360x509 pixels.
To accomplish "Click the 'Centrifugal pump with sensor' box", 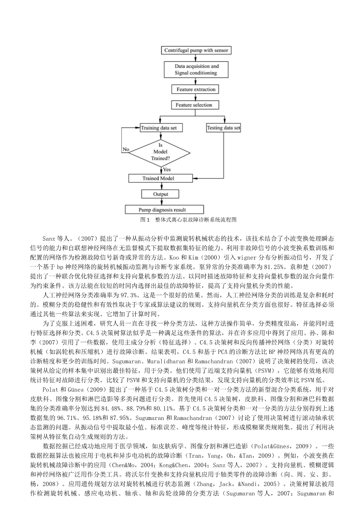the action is (196, 50).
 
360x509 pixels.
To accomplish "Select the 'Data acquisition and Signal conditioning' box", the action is (196, 70).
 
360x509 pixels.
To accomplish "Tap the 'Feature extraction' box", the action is (195, 89).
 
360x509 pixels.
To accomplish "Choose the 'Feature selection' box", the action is (195, 105).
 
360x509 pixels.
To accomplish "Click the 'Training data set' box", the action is (161, 128).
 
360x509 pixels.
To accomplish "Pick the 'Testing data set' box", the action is (223, 128).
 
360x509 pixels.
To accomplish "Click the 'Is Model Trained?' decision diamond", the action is (160, 153).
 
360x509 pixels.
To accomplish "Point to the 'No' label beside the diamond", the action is (126, 149).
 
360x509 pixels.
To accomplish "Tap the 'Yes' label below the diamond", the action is (167, 170).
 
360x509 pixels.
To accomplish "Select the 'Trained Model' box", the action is (161, 178).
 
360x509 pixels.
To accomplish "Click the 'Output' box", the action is (160, 194).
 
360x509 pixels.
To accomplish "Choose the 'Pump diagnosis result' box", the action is (164, 210).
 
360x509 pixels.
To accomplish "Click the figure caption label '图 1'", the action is (145, 220).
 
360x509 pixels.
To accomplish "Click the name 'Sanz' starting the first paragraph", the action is (49, 239).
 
